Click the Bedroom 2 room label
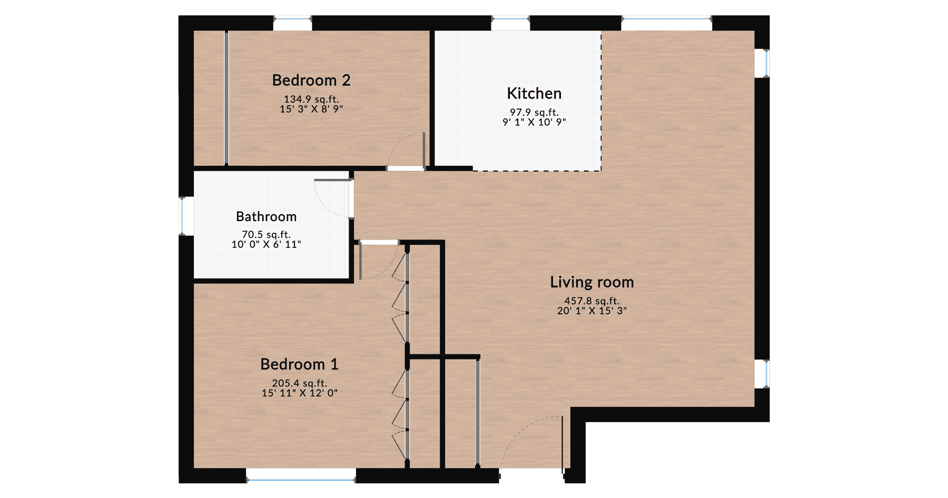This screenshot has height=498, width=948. tap(311, 81)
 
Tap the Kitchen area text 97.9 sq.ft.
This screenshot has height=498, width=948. tap(534, 112)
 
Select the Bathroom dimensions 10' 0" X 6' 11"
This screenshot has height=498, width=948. tap(266, 244)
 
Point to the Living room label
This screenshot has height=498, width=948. tap(591, 282)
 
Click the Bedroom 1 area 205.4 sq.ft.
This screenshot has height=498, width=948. tap(299, 383)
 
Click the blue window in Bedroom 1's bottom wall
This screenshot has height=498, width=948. tap(301, 480)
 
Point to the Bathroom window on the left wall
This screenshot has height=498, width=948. tap(183, 216)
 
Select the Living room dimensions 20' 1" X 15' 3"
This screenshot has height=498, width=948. tap(591, 311)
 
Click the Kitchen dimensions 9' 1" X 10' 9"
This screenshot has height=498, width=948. tap(534, 122)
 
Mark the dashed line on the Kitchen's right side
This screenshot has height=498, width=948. tap(601, 100)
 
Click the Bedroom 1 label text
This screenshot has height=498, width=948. tap(299, 364)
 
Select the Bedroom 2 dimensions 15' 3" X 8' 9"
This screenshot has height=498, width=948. tap(311, 109)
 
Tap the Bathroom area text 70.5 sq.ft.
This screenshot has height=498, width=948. tap(266, 234)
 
